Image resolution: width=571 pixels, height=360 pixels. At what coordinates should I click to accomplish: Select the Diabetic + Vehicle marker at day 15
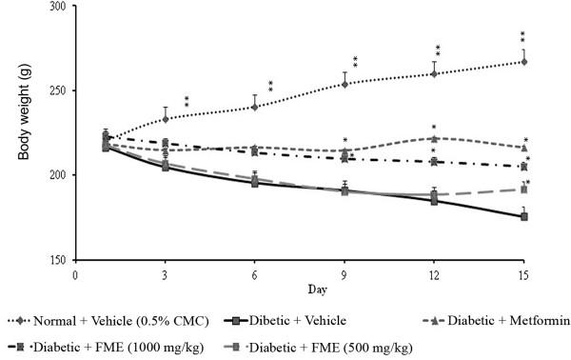[524, 217]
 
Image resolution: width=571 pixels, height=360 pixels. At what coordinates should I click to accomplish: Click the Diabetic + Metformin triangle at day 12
[434, 138]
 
